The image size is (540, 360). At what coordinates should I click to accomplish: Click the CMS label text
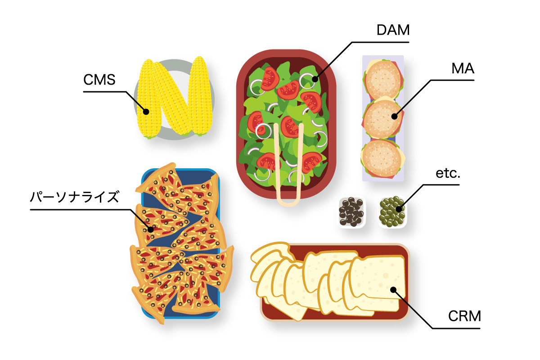(99, 80)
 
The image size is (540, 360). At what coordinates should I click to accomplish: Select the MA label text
(463, 69)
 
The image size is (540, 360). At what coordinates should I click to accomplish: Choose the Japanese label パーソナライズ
(74, 197)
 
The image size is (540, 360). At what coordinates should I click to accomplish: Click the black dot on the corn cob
(146, 112)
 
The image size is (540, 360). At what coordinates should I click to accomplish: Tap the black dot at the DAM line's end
(315, 79)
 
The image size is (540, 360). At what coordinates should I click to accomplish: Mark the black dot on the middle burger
(394, 116)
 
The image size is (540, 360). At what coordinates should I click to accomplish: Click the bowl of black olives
(351, 212)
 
